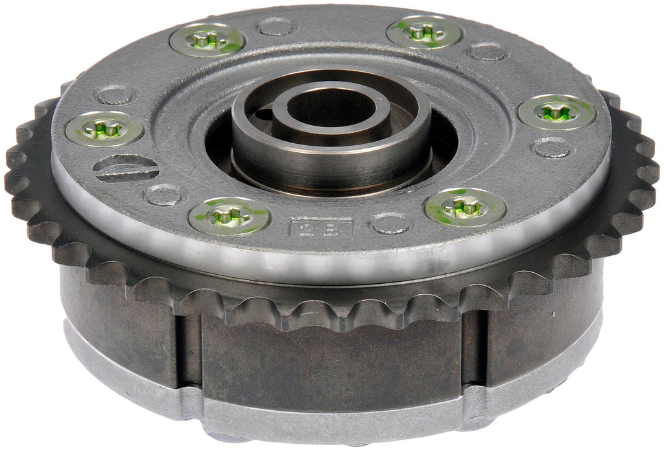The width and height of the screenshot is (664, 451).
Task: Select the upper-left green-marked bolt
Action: coord(207,41)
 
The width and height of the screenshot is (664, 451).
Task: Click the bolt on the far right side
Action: coord(557,111)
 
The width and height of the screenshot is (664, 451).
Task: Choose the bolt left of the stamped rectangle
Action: coord(229,216)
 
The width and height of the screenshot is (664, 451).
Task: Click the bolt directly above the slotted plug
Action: coord(104,128)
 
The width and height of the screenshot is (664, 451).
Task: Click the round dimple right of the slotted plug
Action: coord(161,194)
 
